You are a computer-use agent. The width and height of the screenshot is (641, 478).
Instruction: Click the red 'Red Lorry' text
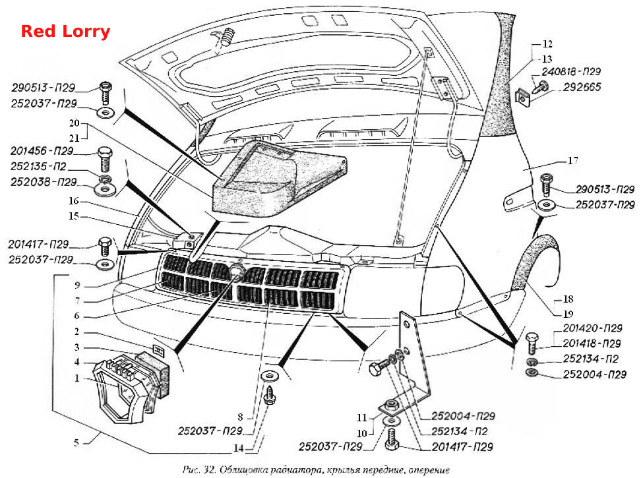(x=65, y=32)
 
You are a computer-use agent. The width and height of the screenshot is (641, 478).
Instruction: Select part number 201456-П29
(x=42, y=151)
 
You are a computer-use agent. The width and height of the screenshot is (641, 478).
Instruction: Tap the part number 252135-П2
(x=38, y=166)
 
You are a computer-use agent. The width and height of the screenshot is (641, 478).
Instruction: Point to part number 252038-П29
(x=44, y=182)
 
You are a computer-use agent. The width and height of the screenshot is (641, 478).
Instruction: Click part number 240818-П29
(x=571, y=72)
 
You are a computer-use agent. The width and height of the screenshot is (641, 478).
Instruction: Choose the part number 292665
(x=582, y=87)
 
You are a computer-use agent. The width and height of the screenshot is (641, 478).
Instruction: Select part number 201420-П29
(x=592, y=328)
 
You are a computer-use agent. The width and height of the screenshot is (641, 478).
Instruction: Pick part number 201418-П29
(x=592, y=344)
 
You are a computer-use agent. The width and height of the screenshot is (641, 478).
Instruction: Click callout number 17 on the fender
(x=572, y=161)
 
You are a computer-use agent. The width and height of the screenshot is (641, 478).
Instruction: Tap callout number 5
(x=76, y=442)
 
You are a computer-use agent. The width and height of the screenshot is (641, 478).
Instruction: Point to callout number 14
(x=238, y=448)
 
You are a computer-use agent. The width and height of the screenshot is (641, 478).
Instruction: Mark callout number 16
(x=74, y=200)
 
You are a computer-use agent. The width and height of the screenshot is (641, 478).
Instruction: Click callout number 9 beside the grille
(x=77, y=285)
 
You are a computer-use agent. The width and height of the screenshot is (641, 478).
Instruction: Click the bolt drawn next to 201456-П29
(x=105, y=160)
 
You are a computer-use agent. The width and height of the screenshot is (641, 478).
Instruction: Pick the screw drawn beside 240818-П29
(x=541, y=87)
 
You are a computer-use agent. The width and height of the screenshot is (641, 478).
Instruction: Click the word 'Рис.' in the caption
(x=191, y=470)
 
